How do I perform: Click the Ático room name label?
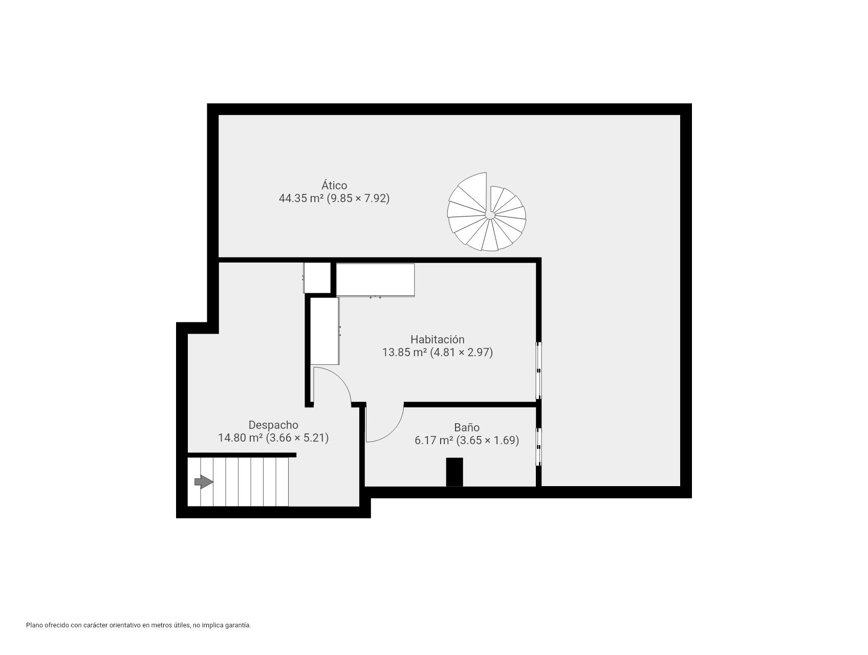click(334, 185)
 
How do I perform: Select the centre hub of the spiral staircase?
click(490, 215)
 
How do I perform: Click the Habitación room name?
click(437, 339)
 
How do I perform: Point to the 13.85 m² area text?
click(404, 352)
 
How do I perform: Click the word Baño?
click(467, 427)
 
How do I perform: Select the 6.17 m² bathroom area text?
click(433, 440)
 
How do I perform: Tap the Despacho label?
click(273, 425)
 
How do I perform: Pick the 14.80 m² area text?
click(241, 438)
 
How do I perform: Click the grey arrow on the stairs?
click(203, 482)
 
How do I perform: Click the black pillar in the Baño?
click(454, 472)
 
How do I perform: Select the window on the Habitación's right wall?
click(538, 370)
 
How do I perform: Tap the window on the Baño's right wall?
click(538, 447)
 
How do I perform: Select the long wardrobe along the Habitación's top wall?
click(375, 279)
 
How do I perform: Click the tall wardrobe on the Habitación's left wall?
click(324, 331)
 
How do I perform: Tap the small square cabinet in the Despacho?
click(317, 278)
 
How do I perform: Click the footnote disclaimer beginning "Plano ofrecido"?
click(138, 625)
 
